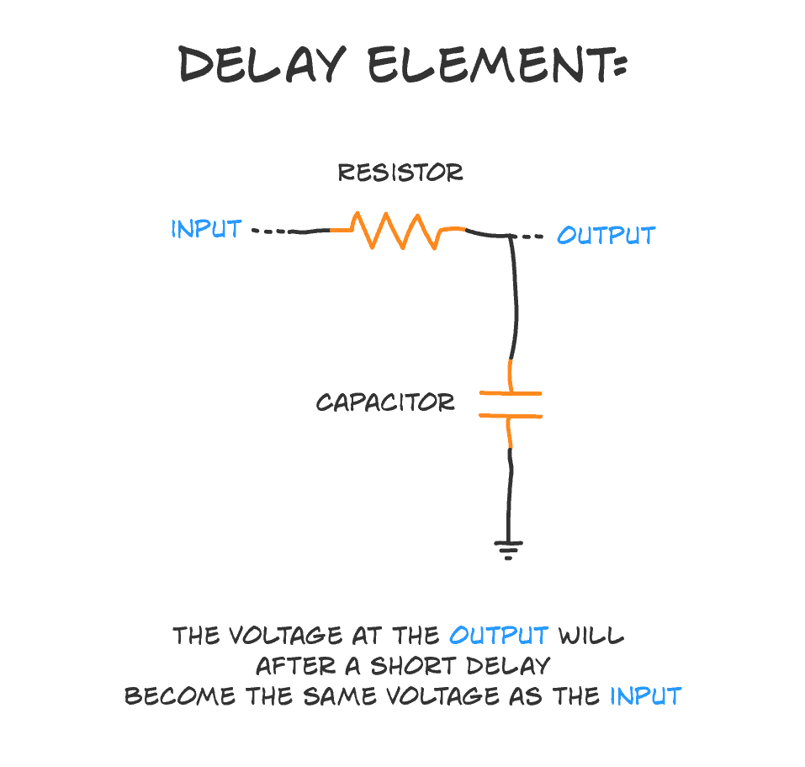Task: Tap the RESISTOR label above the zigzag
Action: [400, 173]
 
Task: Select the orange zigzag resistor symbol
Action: [397, 230]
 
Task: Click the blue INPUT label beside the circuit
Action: [206, 229]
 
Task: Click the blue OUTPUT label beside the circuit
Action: [606, 235]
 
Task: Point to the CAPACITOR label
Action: [385, 402]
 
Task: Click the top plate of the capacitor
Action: [510, 393]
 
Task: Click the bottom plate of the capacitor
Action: [510, 415]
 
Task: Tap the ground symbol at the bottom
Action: [508, 549]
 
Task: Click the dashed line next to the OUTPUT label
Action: [532, 237]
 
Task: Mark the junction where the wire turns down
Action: [511, 237]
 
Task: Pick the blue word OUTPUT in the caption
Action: [499, 635]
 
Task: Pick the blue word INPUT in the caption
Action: [645, 696]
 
